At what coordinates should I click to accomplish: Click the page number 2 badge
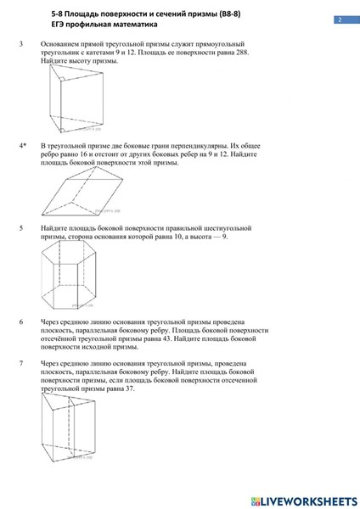click(339, 20)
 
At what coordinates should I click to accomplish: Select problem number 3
click(20, 42)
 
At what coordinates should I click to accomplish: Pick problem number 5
click(20, 228)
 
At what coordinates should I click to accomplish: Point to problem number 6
click(20, 322)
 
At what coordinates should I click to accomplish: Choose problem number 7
click(20, 363)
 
